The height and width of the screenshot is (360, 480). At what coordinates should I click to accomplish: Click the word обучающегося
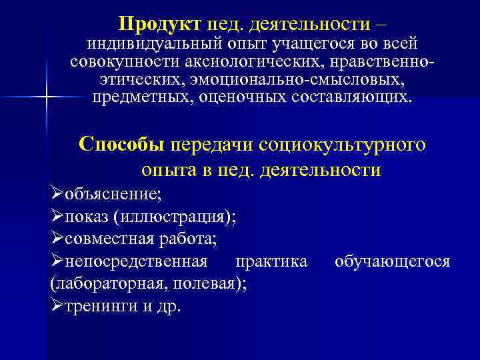coord(392,261)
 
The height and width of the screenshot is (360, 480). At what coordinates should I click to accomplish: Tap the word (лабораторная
coord(109,283)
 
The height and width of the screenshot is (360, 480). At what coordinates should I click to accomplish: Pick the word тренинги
coord(96,305)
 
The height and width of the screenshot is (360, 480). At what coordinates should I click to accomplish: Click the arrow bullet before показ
coord(57,217)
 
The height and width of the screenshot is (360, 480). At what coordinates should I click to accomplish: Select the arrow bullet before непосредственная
coord(57,261)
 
